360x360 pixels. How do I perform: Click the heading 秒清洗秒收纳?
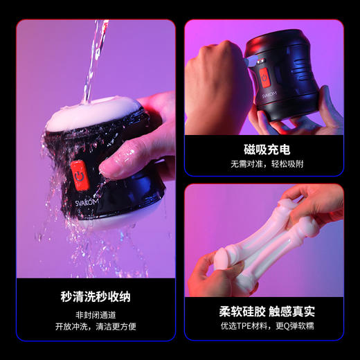click(x=95, y=297)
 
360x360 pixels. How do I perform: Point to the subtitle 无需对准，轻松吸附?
click(x=264, y=165)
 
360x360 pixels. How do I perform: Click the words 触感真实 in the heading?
click(x=291, y=311)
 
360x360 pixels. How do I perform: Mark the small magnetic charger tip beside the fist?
click(x=250, y=60)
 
